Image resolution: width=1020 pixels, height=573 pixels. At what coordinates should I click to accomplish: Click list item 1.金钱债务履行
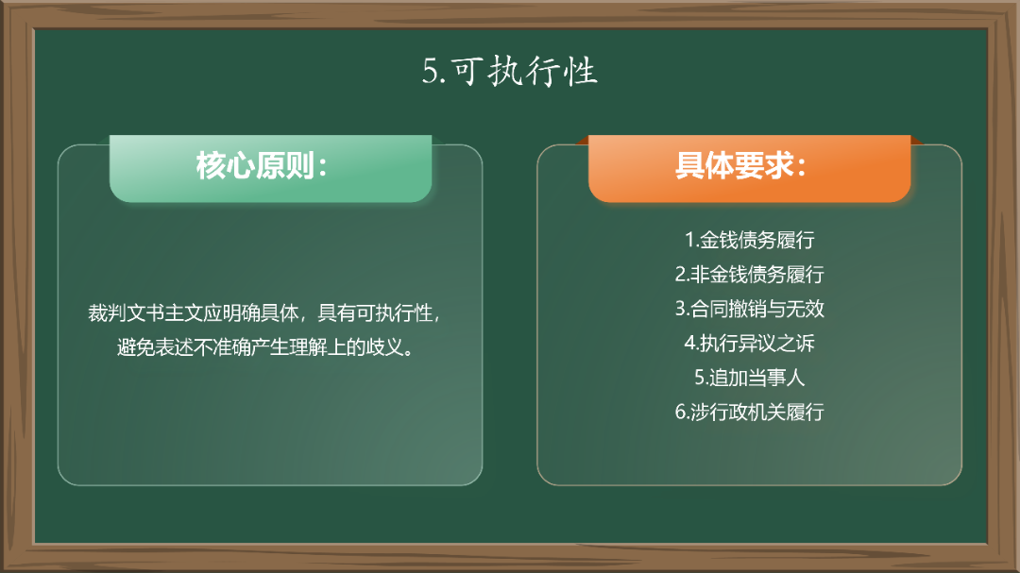click(x=749, y=240)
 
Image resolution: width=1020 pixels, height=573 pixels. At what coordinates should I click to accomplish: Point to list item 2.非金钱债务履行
click(x=749, y=275)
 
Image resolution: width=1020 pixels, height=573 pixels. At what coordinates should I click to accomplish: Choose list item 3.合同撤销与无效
click(x=749, y=309)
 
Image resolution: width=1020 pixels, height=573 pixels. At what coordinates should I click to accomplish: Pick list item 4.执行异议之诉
click(x=749, y=344)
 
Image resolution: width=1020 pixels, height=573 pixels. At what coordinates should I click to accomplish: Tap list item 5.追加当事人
click(x=749, y=378)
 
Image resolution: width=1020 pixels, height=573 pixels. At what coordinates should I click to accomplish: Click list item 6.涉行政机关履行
click(x=749, y=413)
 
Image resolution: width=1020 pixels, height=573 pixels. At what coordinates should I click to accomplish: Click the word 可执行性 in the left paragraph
click(x=395, y=313)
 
